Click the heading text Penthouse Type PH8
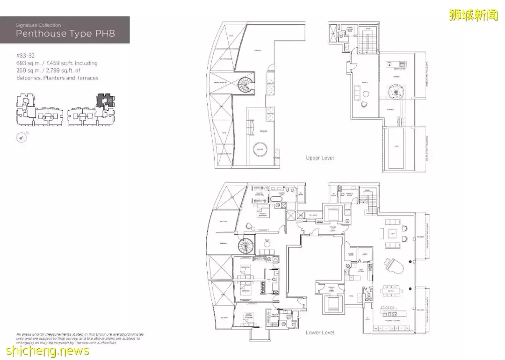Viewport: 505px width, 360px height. [65, 34]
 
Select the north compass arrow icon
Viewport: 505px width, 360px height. [22, 137]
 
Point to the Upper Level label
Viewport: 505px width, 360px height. [320, 158]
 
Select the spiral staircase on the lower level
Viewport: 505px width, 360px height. [245, 245]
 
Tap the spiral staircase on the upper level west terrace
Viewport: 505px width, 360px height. [245, 85]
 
